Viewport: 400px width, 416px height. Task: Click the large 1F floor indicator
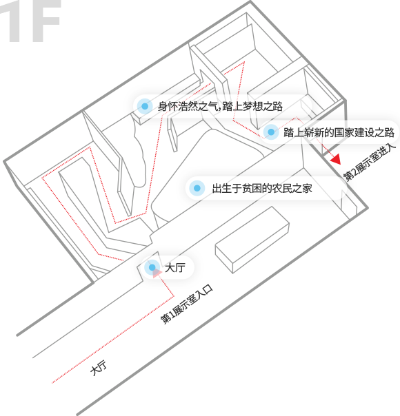click(30, 21)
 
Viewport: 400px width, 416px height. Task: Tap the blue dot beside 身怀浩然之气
click(145, 106)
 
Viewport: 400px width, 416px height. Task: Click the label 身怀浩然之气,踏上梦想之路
click(220, 106)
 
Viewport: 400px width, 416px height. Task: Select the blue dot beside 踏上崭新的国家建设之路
click(271, 132)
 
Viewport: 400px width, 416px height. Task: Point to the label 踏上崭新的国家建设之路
click(339, 132)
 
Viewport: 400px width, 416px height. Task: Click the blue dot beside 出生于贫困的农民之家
click(197, 188)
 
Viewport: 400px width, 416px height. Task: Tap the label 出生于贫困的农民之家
click(262, 188)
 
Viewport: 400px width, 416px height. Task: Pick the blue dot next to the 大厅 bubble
click(152, 267)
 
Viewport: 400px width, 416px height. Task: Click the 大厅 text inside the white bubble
click(175, 267)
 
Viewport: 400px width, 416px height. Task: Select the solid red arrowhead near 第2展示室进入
click(336, 159)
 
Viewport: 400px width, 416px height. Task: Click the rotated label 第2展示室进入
click(370, 163)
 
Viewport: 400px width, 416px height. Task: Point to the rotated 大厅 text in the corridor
click(99, 368)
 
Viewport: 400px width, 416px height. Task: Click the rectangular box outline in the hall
click(252, 240)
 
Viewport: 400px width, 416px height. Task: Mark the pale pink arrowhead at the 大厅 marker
click(157, 273)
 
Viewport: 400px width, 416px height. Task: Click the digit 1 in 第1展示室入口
click(172, 315)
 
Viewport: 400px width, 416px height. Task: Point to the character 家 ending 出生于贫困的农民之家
click(308, 188)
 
